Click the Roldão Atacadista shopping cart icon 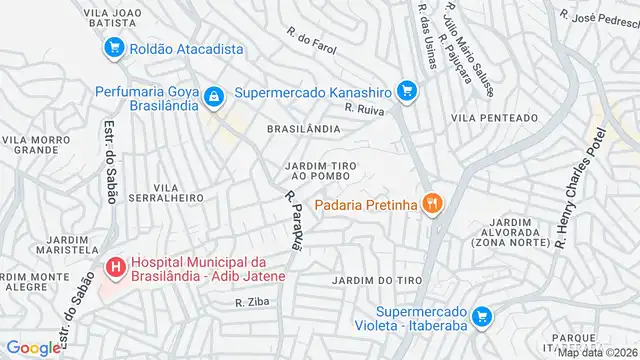(114, 47)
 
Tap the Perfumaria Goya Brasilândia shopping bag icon (212, 96)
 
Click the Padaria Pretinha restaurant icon (432, 205)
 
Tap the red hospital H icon (115, 268)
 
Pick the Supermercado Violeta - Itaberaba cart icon (481, 317)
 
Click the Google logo (33, 348)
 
